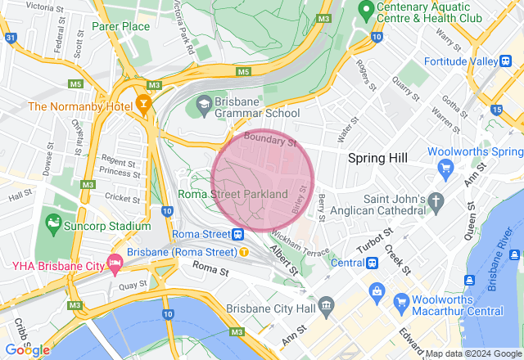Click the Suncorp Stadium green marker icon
[x=53, y=223]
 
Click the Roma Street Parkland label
[x=233, y=195]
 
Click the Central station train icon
[x=372, y=263]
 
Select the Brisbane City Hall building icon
[x=327, y=307]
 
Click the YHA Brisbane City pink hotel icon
[x=115, y=264]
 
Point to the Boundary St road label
[x=269, y=139]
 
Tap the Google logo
[x=27, y=349]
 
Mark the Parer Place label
[x=120, y=26]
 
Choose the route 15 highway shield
[x=497, y=109]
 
